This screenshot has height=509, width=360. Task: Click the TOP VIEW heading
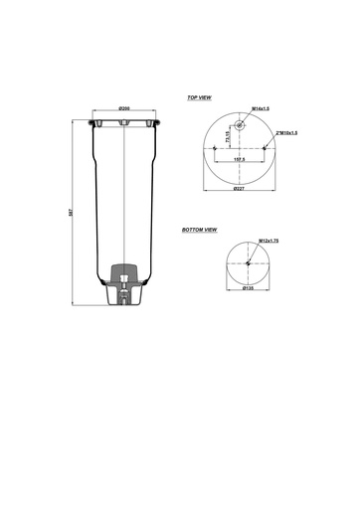[200, 98]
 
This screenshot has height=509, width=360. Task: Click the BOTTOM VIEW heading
[200, 230]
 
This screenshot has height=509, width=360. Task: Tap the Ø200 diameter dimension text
[125, 107]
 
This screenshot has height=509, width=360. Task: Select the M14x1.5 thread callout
[261, 108]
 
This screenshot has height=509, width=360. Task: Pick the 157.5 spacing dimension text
[240, 158]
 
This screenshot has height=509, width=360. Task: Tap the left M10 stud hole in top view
[216, 148]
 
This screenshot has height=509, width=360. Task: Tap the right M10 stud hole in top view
[265, 148]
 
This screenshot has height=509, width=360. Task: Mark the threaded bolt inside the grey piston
[124, 290]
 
